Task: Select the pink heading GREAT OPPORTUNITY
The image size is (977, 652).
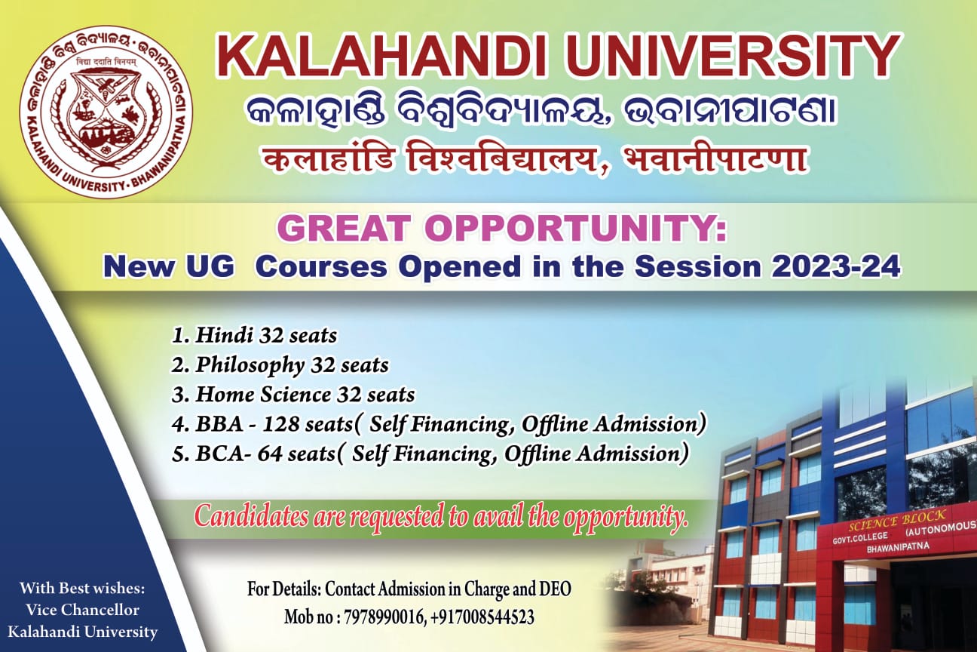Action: (501, 229)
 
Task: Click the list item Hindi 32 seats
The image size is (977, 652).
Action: (255, 336)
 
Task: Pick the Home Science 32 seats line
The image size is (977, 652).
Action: (292, 395)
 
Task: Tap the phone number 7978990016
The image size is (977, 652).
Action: (384, 618)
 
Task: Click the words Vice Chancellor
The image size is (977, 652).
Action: (82, 610)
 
